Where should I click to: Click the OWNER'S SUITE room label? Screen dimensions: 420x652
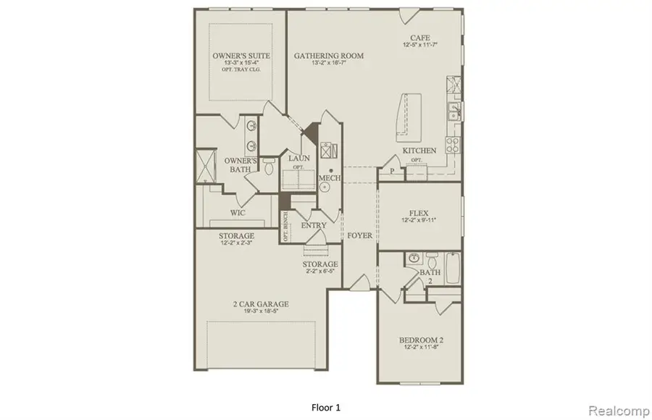tap(236, 56)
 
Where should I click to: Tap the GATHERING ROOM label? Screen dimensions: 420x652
tap(328, 56)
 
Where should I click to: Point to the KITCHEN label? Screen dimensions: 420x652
tap(419, 151)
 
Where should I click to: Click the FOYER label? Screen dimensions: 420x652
tap(359, 235)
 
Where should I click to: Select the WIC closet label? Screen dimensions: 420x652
tap(237, 213)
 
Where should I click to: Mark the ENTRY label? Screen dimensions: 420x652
tap(314, 225)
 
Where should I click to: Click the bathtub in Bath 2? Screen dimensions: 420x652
tap(451, 269)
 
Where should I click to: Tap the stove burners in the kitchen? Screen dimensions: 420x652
tap(454, 145)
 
